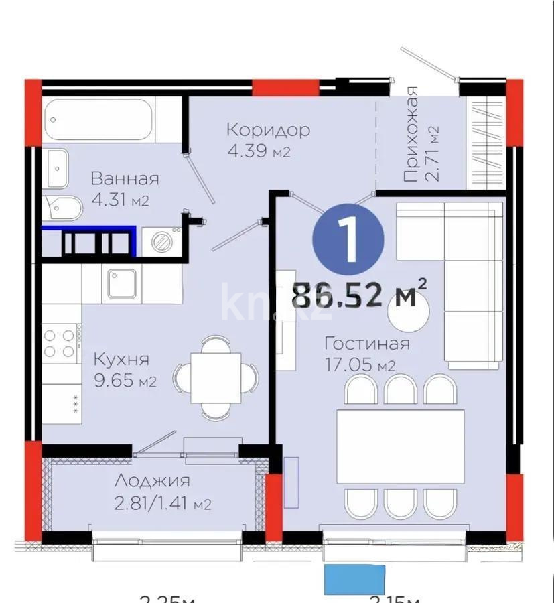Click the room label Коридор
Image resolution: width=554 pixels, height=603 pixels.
coord(268,129)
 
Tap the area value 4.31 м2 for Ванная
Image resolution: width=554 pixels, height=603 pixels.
coord(120,200)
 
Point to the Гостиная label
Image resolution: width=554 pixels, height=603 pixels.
coord(366,344)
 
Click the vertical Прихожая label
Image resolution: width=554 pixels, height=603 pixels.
coord(411,134)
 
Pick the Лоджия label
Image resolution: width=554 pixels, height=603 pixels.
coord(151,480)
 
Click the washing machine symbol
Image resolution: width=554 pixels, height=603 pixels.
coord(161,242)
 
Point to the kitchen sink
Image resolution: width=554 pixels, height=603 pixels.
coord(121,283)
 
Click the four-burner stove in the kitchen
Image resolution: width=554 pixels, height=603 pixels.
coord(60,342)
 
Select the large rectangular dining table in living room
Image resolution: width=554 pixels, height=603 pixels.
coord(401,445)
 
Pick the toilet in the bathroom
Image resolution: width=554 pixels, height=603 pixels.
coord(62,208)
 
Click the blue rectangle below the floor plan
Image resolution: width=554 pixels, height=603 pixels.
coord(354,580)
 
